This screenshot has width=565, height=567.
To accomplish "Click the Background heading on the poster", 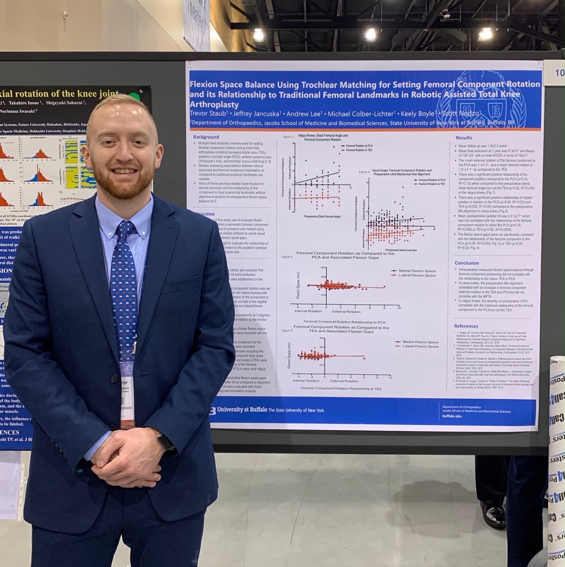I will pos(206,137).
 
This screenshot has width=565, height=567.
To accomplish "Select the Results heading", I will pos(464,138).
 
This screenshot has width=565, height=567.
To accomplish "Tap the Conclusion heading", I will pos(467,263).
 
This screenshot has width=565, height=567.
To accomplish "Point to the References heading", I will pos(466,326).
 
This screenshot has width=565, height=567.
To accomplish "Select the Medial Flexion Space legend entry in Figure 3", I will pos(417,271).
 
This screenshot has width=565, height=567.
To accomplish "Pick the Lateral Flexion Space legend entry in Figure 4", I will pos(420,346).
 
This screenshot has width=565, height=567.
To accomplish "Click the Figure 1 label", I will pos(288,137).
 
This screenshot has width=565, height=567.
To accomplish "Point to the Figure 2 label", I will pos(364,172).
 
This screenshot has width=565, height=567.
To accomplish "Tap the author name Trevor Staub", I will pos(209,114).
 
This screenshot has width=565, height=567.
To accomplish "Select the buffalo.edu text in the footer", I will pos(452,416).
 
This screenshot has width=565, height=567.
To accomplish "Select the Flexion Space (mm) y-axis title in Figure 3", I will pos(298,285).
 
